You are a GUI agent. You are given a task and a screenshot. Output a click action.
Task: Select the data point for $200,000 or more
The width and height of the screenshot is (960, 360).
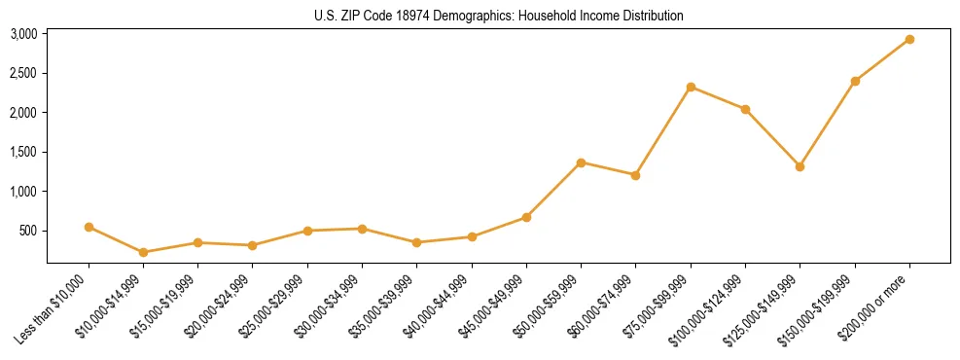tap(909, 39)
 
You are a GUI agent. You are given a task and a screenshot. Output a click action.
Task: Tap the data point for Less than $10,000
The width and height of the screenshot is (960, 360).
tap(89, 227)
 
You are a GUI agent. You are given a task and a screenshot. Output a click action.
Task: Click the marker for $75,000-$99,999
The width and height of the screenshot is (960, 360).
tap(691, 87)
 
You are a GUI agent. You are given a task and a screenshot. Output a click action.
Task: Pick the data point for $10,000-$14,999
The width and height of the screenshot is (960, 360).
tap(144, 252)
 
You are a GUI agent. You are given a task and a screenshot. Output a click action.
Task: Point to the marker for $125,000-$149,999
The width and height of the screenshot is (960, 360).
tap(800, 166)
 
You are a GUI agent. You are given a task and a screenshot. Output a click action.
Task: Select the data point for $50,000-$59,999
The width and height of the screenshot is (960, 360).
tap(581, 162)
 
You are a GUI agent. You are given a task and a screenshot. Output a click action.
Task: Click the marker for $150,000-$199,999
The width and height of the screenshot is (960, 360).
tap(855, 81)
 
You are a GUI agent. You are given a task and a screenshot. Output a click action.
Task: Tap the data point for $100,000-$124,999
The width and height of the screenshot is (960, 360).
tap(745, 109)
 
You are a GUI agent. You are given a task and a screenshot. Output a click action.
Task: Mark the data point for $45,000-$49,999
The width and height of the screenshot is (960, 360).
tap(526, 217)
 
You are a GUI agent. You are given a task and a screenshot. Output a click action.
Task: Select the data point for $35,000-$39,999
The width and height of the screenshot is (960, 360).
tap(417, 242)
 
